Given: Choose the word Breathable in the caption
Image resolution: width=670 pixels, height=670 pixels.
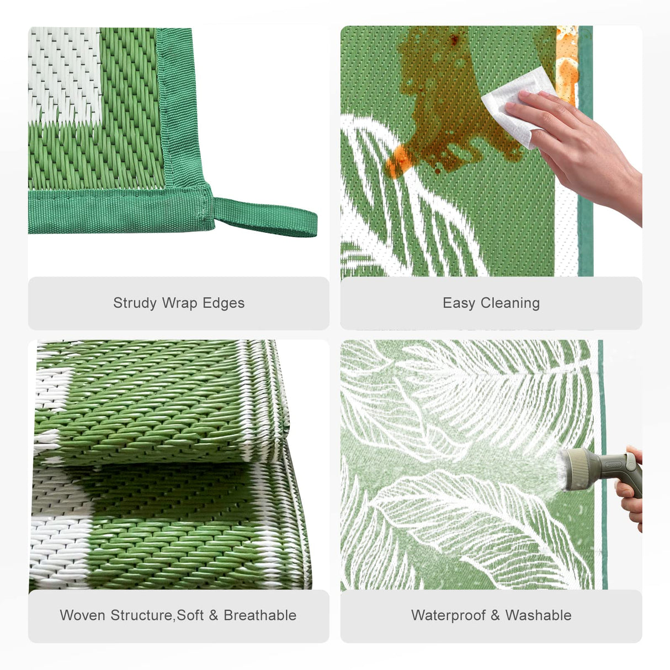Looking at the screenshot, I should coord(260,615).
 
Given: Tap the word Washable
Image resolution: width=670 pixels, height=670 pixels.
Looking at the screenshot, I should coord(538,615).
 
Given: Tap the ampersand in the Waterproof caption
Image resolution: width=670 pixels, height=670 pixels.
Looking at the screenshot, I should coord(494,615).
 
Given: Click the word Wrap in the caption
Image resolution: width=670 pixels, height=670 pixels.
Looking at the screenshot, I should coord(179,303).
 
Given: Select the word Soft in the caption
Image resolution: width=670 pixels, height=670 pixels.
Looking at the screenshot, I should coord(190,615).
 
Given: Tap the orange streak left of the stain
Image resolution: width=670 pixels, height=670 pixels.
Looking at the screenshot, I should coord(398,160).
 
